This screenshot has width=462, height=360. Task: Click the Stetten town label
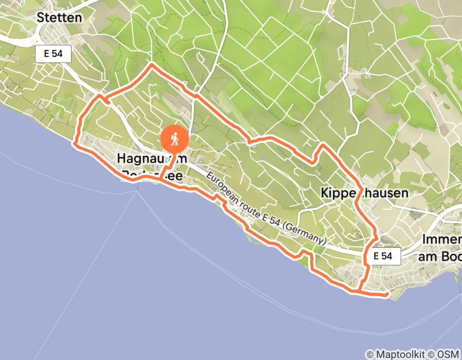[x=59, y=17]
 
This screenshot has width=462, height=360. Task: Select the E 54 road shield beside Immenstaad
[x=383, y=256]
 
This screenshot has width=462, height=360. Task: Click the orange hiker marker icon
[x=175, y=139]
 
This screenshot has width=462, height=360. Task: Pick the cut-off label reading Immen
[x=441, y=240]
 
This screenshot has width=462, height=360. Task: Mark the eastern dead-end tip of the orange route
[x=386, y=295]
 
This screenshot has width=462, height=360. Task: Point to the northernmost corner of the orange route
[x=151, y=65]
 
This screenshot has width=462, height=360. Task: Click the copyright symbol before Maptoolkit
[x=369, y=354]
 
